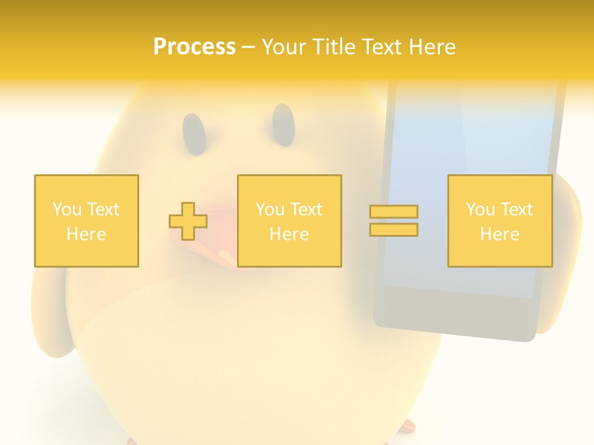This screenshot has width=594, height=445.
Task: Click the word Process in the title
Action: click(x=194, y=47)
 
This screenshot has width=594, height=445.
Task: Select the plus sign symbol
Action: click(x=188, y=221)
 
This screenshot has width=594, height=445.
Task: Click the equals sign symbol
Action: click(x=394, y=221)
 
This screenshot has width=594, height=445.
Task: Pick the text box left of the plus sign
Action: click(x=87, y=221)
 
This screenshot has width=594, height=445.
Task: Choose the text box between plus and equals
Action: click(x=289, y=221)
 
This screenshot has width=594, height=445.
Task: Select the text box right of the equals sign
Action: click(x=500, y=221)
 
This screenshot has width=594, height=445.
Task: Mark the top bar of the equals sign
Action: click(x=394, y=211)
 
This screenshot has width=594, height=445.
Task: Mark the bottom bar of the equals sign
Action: click(x=394, y=230)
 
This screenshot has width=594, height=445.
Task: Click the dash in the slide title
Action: click(x=249, y=47)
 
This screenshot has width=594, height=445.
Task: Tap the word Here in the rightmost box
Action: click(x=500, y=234)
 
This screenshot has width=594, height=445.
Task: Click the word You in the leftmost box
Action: click(x=66, y=210)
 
